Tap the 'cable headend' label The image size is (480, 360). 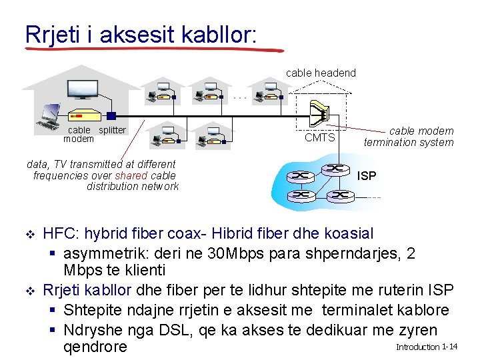[321, 73]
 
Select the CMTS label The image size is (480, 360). [319, 137]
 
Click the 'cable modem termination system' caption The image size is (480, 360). [409, 137]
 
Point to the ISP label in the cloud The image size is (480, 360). [367, 176]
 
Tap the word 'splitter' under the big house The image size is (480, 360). [112, 130]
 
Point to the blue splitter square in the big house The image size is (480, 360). [111, 116]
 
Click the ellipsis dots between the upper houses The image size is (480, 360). [240, 97]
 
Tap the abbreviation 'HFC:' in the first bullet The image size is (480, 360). [61, 234]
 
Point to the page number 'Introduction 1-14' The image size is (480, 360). [426, 347]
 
